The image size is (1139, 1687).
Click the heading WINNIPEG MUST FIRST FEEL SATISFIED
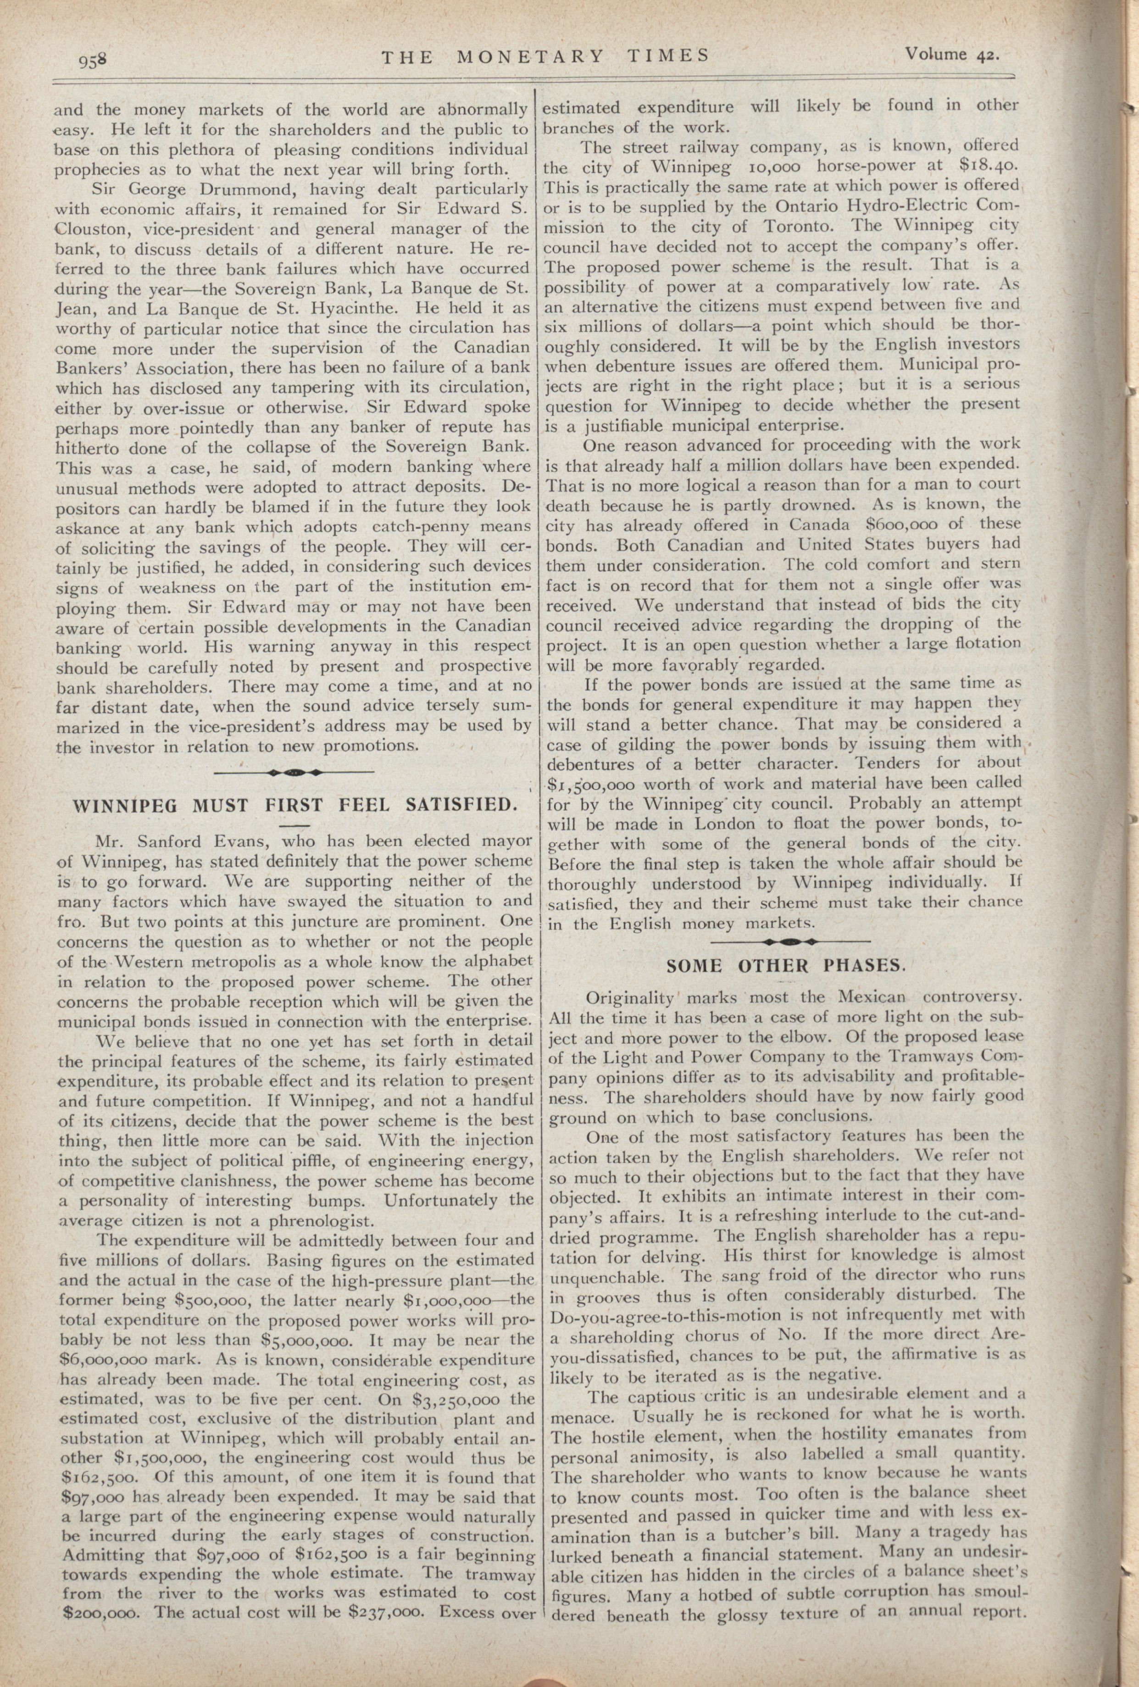(295, 805)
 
